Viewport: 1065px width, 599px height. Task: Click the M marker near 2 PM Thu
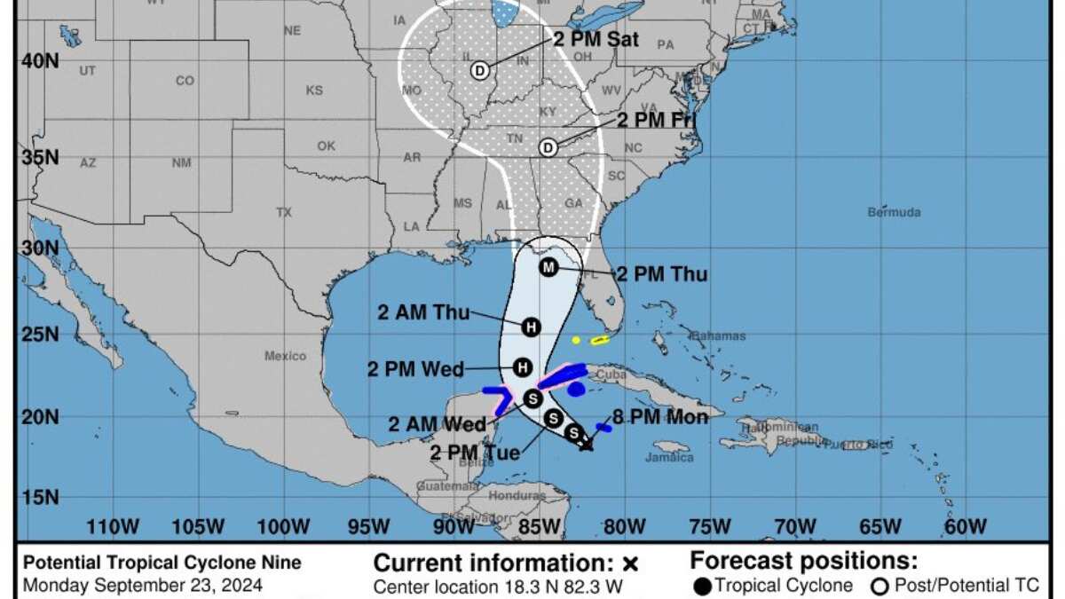[x=548, y=267]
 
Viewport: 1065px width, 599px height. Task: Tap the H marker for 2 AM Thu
[x=531, y=327]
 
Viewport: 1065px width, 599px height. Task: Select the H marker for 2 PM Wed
[x=524, y=366]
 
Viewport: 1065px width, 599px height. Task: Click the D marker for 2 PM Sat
[x=480, y=71]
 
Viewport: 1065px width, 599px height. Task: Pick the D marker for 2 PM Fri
[x=548, y=147]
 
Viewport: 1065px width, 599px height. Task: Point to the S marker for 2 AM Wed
[x=532, y=398]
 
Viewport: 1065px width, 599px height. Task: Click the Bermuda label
[x=894, y=212]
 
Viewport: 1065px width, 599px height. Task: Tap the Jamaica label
[x=670, y=457]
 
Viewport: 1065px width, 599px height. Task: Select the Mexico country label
[x=285, y=356]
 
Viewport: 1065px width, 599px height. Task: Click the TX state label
[x=284, y=212]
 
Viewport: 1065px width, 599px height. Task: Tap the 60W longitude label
[x=965, y=527]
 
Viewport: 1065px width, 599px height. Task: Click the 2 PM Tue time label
[x=475, y=453]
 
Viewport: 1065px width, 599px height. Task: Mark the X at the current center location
[x=586, y=444]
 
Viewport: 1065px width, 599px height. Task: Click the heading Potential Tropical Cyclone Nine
[x=162, y=563]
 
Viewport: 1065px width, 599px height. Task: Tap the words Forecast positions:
[x=803, y=561]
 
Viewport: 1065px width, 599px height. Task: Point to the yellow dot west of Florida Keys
[x=576, y=340]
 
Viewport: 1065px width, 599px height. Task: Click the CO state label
[x=184, y=81]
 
